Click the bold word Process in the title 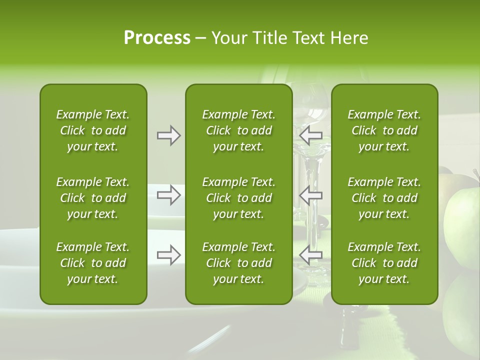point(157,38)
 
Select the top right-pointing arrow point(168,135)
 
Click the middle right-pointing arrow point(168,195)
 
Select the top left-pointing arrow point(310,135)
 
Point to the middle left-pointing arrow point(310,195)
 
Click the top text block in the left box point(93,130)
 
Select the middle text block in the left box point(93,198)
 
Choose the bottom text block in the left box point(93,263)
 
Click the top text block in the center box point(238,130)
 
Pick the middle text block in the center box point(238,198)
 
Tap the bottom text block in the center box point(238,263)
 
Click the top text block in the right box point(384,130)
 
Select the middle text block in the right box point(384,198)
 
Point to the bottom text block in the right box point(384,263)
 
